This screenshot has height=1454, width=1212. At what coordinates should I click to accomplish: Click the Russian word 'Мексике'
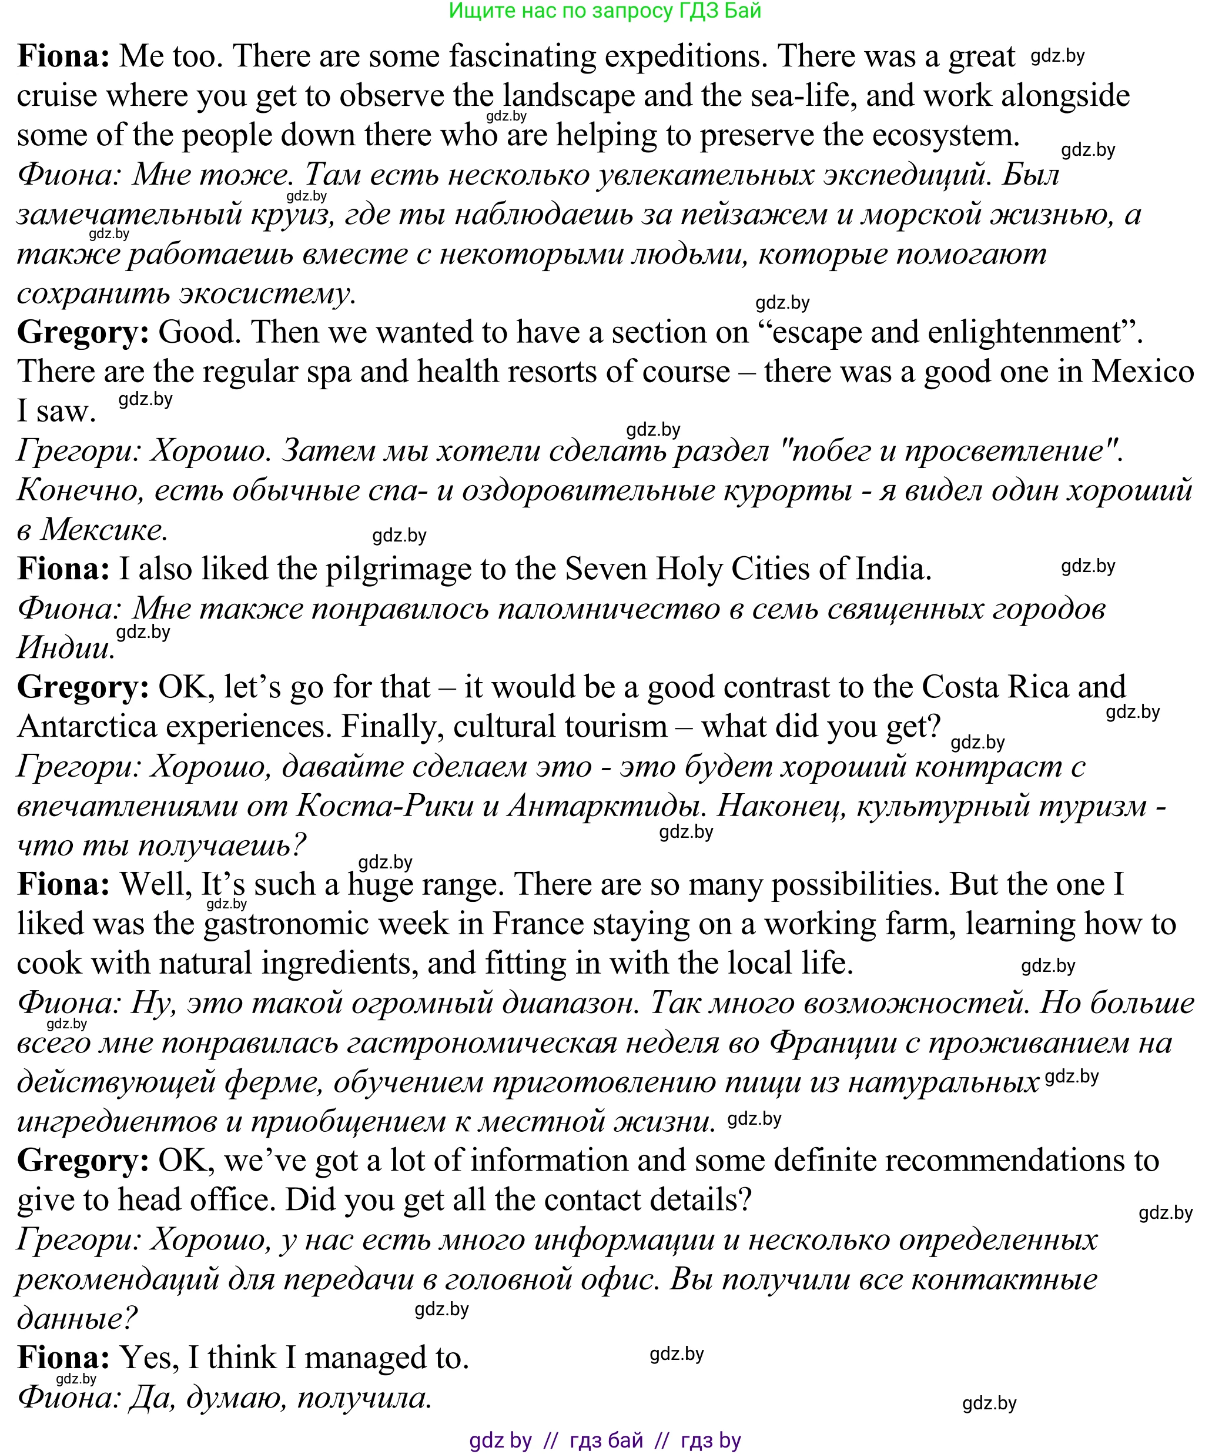[105, 530]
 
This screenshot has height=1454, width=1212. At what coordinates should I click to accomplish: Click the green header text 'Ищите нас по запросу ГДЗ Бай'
[605, 11]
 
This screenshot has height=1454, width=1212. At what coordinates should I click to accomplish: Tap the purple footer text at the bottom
[605, 1440]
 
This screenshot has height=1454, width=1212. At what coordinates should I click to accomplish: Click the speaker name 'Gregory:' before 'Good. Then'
[83, 332]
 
